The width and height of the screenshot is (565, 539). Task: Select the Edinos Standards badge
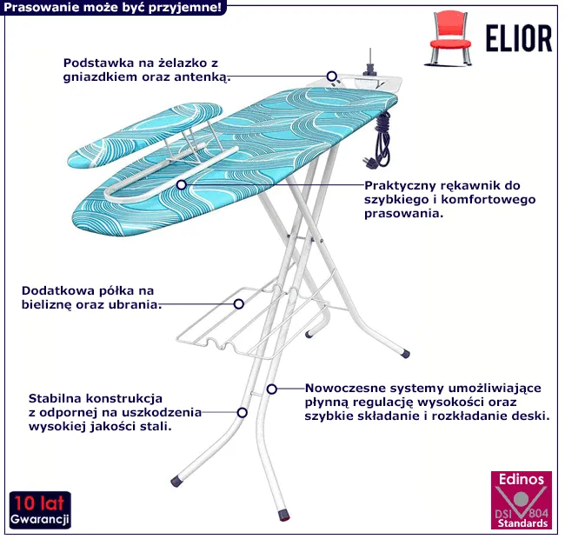click(x=520, y=502)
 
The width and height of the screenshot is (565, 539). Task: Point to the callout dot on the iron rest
click(x=331, y=76)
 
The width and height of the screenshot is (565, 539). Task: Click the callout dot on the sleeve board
click(x=181, y=184)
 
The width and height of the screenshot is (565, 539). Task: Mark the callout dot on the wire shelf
click(x=239, y=303)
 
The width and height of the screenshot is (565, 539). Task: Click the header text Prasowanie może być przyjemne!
click(x=113, y=8)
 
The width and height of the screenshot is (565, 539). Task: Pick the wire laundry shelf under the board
click(x=252, y=326)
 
